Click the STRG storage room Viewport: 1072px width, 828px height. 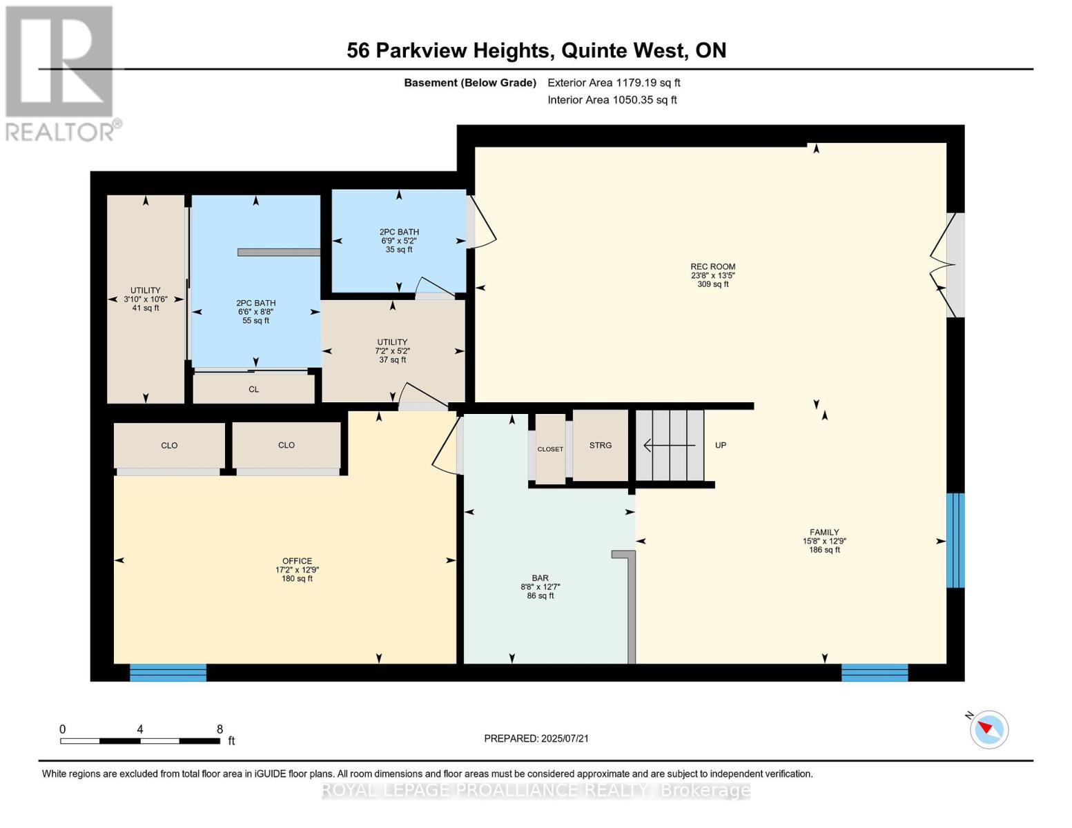click(x=601, y=446)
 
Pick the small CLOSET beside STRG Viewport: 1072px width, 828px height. click(x=550, y=449)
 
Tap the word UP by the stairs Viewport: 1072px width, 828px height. click(x=721, y=446)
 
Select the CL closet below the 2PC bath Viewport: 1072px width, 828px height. click(x=254, y=389)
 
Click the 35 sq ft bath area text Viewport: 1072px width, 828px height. click(x=399, y=250)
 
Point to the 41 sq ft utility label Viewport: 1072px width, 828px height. click(x=146, y=308)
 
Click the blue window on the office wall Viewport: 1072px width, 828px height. click(x=168, y=673)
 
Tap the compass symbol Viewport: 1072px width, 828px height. click(x=988, y=729)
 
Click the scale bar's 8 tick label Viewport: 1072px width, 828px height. click(x=220, y=729)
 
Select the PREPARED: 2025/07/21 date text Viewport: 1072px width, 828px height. click(x=536, y=738)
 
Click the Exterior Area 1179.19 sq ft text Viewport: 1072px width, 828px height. click(x=614, y=83)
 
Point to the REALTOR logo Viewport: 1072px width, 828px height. click(x=61, y=72)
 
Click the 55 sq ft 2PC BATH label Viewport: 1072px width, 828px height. click(x=255, y=312)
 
